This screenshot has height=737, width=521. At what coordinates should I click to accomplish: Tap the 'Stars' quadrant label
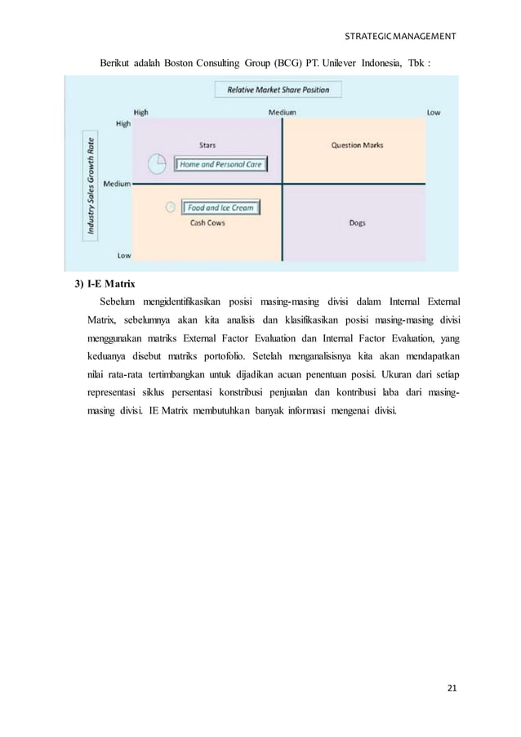point(207,145)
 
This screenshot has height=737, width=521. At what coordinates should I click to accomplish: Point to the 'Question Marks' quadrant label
point(357,145)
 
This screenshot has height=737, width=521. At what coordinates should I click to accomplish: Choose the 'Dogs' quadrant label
point(357,222)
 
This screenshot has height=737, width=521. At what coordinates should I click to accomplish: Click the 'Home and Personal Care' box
point(221,164)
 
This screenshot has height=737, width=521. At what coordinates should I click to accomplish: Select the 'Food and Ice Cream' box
point(220,208)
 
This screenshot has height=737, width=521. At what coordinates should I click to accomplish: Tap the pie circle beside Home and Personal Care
point(158,163)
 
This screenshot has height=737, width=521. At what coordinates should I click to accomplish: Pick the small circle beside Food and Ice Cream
point(170,208)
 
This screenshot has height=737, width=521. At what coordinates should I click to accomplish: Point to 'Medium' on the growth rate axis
point(118,184)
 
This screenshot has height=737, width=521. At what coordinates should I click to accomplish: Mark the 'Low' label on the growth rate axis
point(123,255)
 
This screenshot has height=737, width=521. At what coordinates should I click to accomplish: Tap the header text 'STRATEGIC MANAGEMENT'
point(402,37)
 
